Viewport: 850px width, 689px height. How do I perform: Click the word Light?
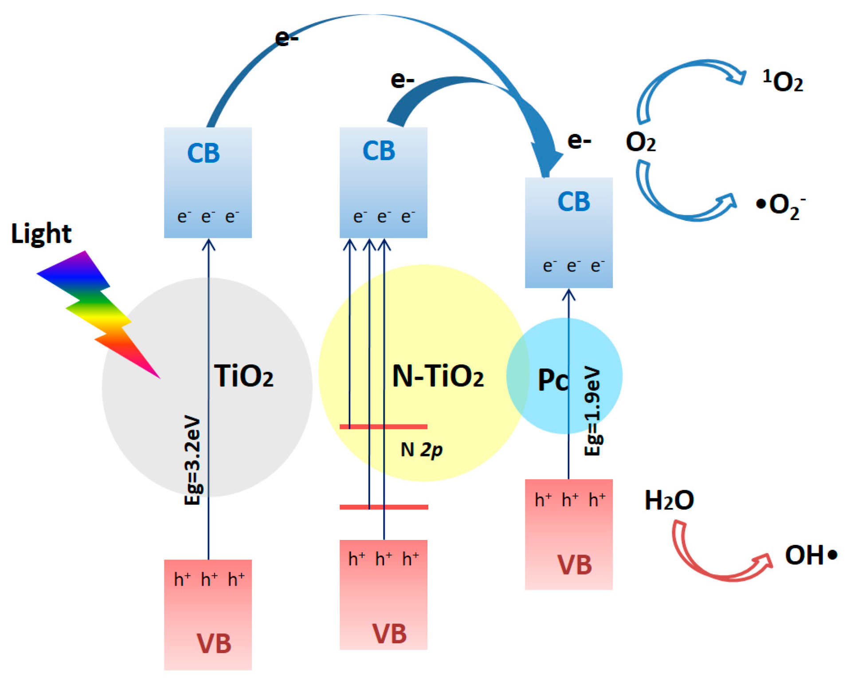coord(41,233)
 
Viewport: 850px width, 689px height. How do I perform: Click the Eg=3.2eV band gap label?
coord(192,460)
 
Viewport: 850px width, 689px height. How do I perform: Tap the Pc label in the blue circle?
coord(552,380)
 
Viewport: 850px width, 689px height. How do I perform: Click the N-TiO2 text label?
coord(437,376)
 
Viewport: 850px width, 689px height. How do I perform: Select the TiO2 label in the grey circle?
coord(243,376)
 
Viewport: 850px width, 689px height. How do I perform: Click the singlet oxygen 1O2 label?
coord(782,81)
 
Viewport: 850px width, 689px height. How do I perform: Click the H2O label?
coord(669,500)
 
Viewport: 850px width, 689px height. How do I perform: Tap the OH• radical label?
coord(811,555)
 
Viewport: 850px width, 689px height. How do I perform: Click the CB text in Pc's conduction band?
coord(573,201)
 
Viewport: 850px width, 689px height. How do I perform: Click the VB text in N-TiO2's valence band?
coord(389,633)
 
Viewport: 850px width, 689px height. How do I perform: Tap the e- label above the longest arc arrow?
coord(286,38)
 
